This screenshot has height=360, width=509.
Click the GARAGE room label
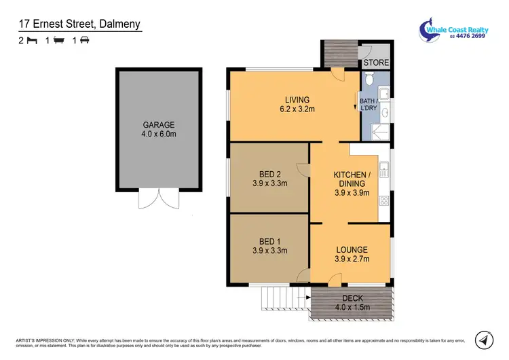point(159,125)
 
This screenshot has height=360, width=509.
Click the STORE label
point(376,63)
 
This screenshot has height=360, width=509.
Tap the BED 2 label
point(269,173)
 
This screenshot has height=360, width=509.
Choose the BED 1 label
point(269,241)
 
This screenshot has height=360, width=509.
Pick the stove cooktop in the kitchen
point(384,200)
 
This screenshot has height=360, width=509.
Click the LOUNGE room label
point(351,250)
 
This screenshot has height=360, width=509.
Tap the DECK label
point(351,298)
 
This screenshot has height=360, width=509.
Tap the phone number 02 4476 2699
point(466,37)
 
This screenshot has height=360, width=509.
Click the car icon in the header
point(85,41)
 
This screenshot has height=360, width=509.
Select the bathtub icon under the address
point(58,41)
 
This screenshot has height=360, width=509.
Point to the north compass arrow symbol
point(483,338)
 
